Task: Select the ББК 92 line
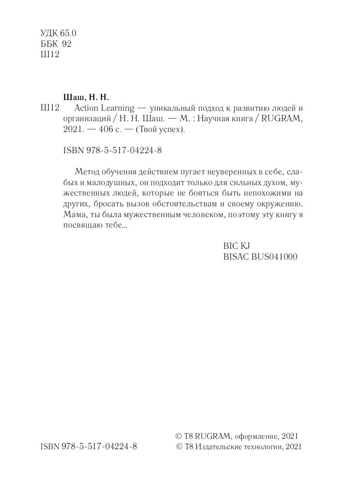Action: (x=56, y=44)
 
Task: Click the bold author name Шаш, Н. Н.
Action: (x=86, y=97)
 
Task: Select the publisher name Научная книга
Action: (x=206, y=119)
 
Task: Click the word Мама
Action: (x=74, y=215)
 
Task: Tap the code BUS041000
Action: (x=274, y=257)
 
